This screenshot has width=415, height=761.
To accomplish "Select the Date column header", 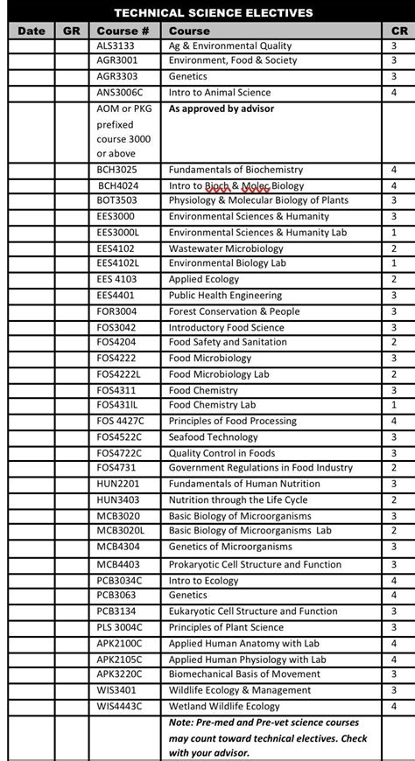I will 31,30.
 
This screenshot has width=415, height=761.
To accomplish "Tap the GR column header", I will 72,30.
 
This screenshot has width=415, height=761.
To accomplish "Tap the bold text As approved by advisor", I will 221,109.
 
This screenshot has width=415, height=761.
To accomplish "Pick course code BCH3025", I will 117,170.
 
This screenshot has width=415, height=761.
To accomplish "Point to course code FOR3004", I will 117,311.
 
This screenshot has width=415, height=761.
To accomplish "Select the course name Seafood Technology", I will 214,437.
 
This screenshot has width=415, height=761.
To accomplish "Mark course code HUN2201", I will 118,485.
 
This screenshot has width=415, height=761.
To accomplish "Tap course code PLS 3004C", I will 120,627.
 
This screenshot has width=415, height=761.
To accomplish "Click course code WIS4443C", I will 120,706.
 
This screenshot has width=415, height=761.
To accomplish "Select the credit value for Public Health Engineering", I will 394,296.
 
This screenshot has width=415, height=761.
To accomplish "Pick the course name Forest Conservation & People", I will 234,311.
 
